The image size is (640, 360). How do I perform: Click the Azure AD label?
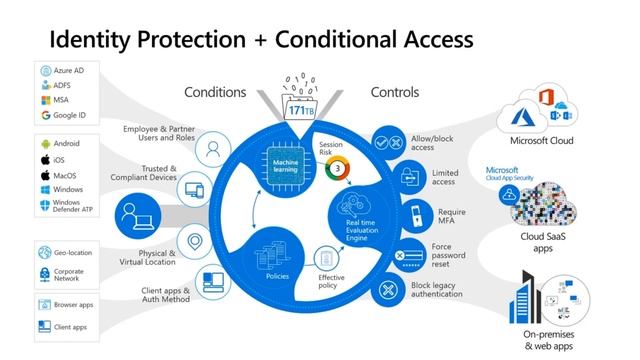pos(68,72)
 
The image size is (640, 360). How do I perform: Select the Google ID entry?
pos(69,115)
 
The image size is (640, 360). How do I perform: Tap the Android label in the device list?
pos(66,143)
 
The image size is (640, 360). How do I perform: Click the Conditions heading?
pos(214,93)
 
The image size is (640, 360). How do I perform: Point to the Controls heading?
pos(394,93)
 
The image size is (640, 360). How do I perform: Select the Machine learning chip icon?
pos(279,161)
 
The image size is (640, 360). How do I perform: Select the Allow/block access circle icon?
pos(386,143)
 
